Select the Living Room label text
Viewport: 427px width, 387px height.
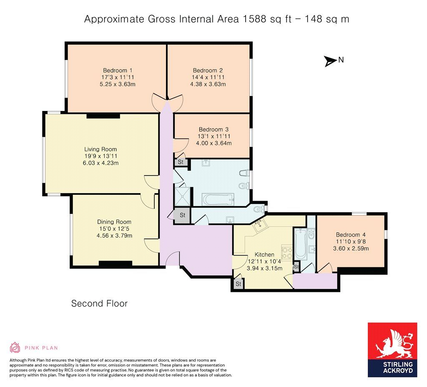(x=100, y=149)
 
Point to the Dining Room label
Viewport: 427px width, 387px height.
(x=114, y=222)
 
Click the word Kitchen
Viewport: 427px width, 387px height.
(x=264, y=254)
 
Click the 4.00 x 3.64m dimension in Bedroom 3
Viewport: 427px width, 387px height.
(x=214, y=143)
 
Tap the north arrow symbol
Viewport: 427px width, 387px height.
(x=330, y=61)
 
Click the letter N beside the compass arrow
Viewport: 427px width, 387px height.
(x=341, y=60)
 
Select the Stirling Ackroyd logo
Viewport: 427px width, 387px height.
(x=392, y=350)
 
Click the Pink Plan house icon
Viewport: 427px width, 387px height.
(x=15, y=347)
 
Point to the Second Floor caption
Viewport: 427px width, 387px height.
(x=99, y=304)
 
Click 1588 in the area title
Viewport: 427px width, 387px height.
(x=251, y=19)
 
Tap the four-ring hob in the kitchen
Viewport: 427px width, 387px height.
(x=287, y=252)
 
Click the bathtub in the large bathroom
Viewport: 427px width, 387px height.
(x=218, y=200)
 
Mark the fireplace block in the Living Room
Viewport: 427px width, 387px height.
(x=98, y=116)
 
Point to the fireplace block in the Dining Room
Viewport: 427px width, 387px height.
(x=116, y=264)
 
